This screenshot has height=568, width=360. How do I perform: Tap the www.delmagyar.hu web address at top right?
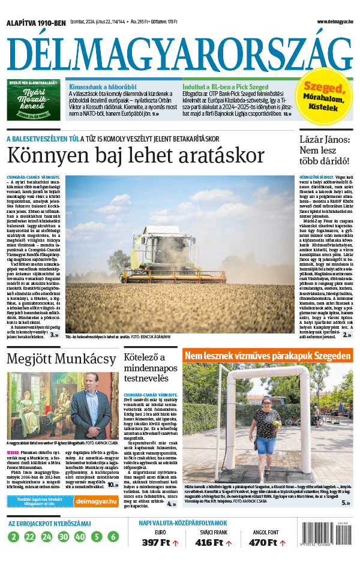click(x=328, y=22)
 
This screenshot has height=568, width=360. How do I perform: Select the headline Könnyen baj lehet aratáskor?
click(x=136, y=156)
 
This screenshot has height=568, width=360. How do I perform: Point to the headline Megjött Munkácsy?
click(x=62, y=359)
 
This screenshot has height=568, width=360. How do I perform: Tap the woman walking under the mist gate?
click(x=266, y=428)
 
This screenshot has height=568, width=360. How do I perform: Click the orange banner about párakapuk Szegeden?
click(x=268, y=356)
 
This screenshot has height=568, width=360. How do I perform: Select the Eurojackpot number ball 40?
click(x=80, y=537)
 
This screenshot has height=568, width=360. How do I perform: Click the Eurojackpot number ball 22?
click(x=30, y=537)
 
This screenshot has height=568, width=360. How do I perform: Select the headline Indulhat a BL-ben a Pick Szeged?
click(x=225, y=86)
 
